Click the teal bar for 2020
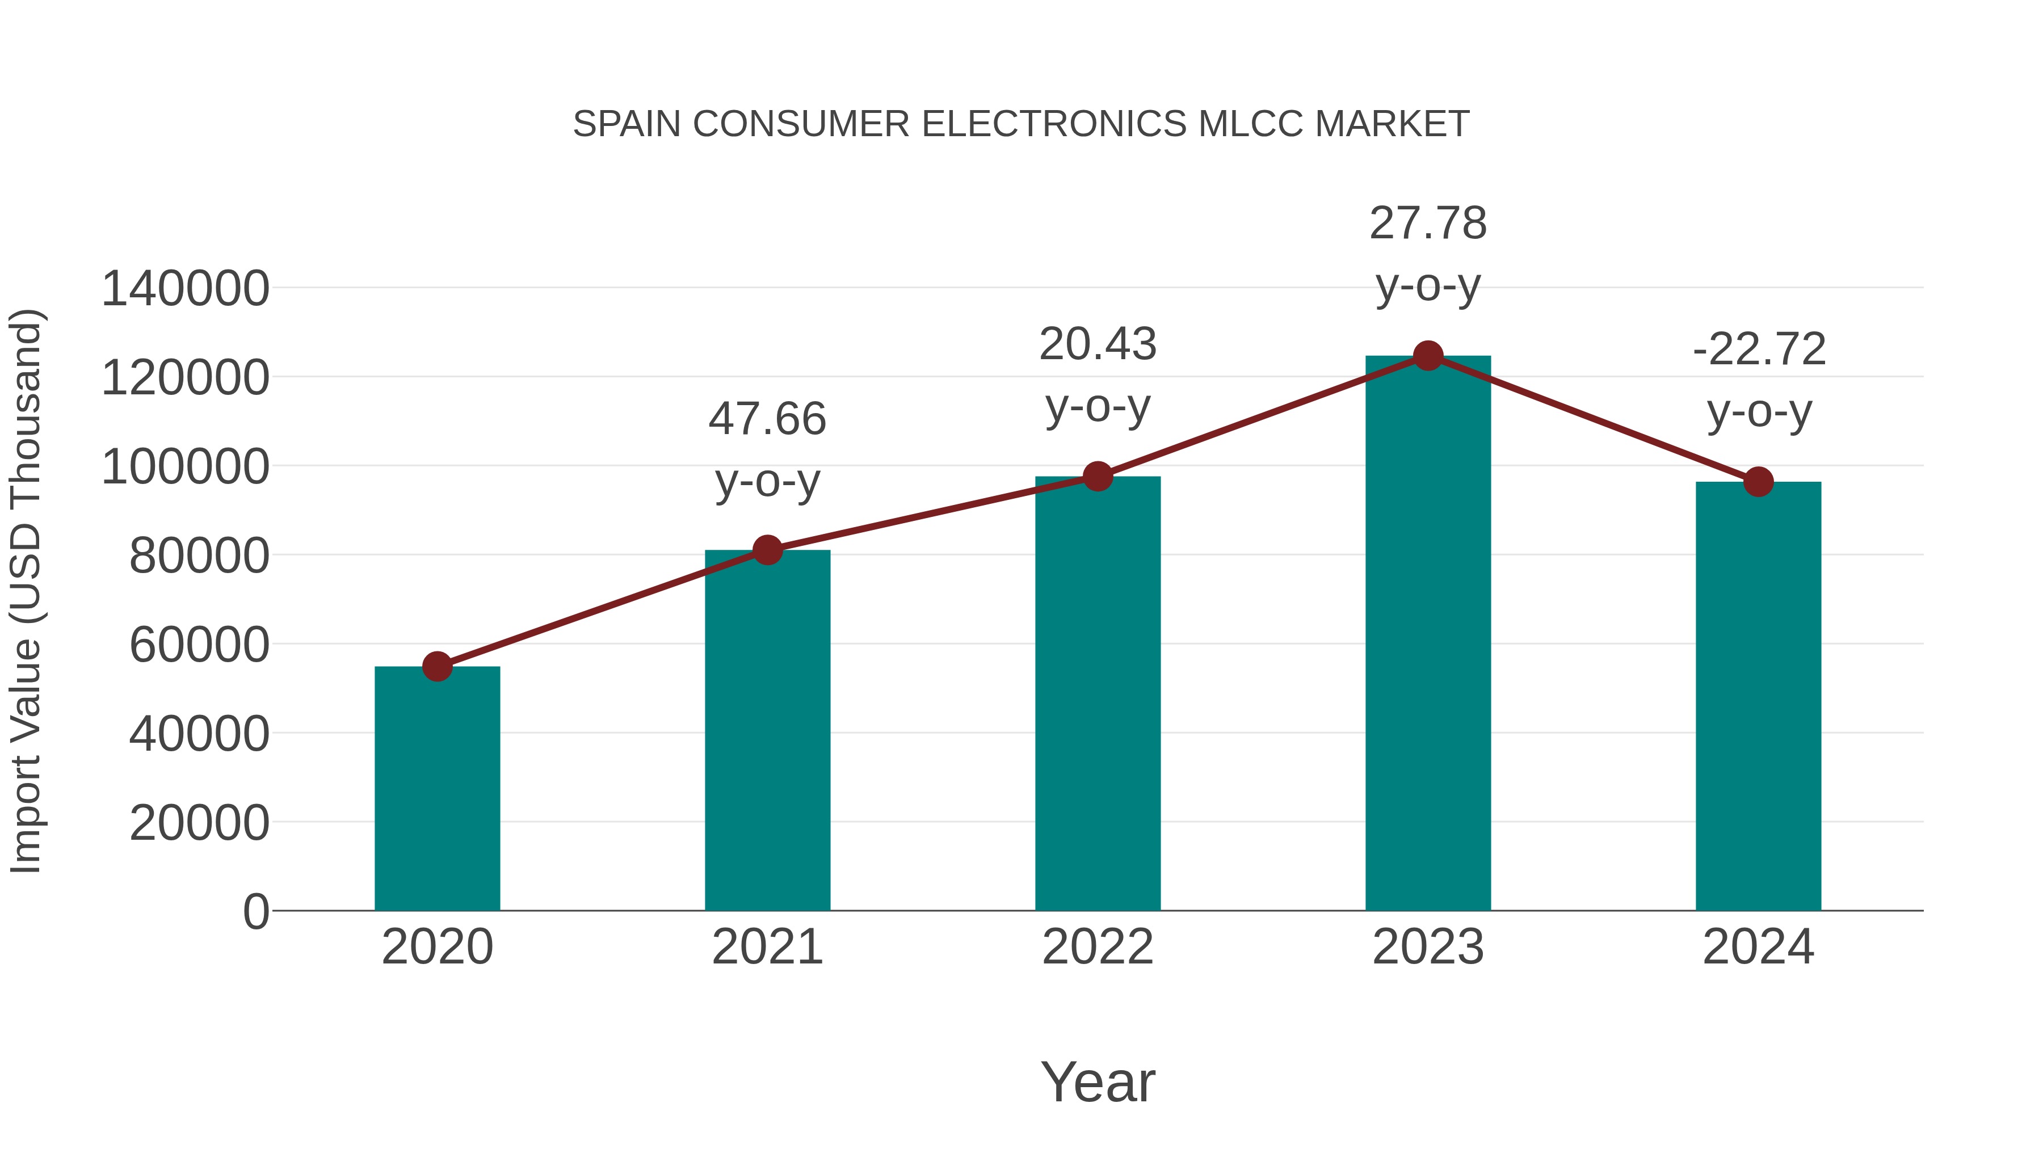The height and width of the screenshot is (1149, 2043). tap(437, 789)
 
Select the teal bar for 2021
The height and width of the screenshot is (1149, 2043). tap(767, 730)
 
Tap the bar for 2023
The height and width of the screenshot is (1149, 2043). tap(1428, 634)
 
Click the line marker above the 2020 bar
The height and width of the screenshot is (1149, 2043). tap(437, 667)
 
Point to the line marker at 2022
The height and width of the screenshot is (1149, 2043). tap(1098, 477)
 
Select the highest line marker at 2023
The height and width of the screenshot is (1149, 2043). tap(1428, 356)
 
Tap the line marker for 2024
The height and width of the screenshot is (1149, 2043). tap(1758, 481)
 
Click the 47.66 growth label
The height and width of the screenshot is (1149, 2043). tap(767, 419)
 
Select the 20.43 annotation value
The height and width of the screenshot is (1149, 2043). tap(1098, 345)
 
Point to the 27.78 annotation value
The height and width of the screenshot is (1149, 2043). tap(1428, 224)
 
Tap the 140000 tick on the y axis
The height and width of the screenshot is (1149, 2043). tap(185, 289)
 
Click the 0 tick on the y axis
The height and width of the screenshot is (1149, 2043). tap(255, 912)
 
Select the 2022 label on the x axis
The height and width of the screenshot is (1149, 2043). tap(1098, 948)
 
